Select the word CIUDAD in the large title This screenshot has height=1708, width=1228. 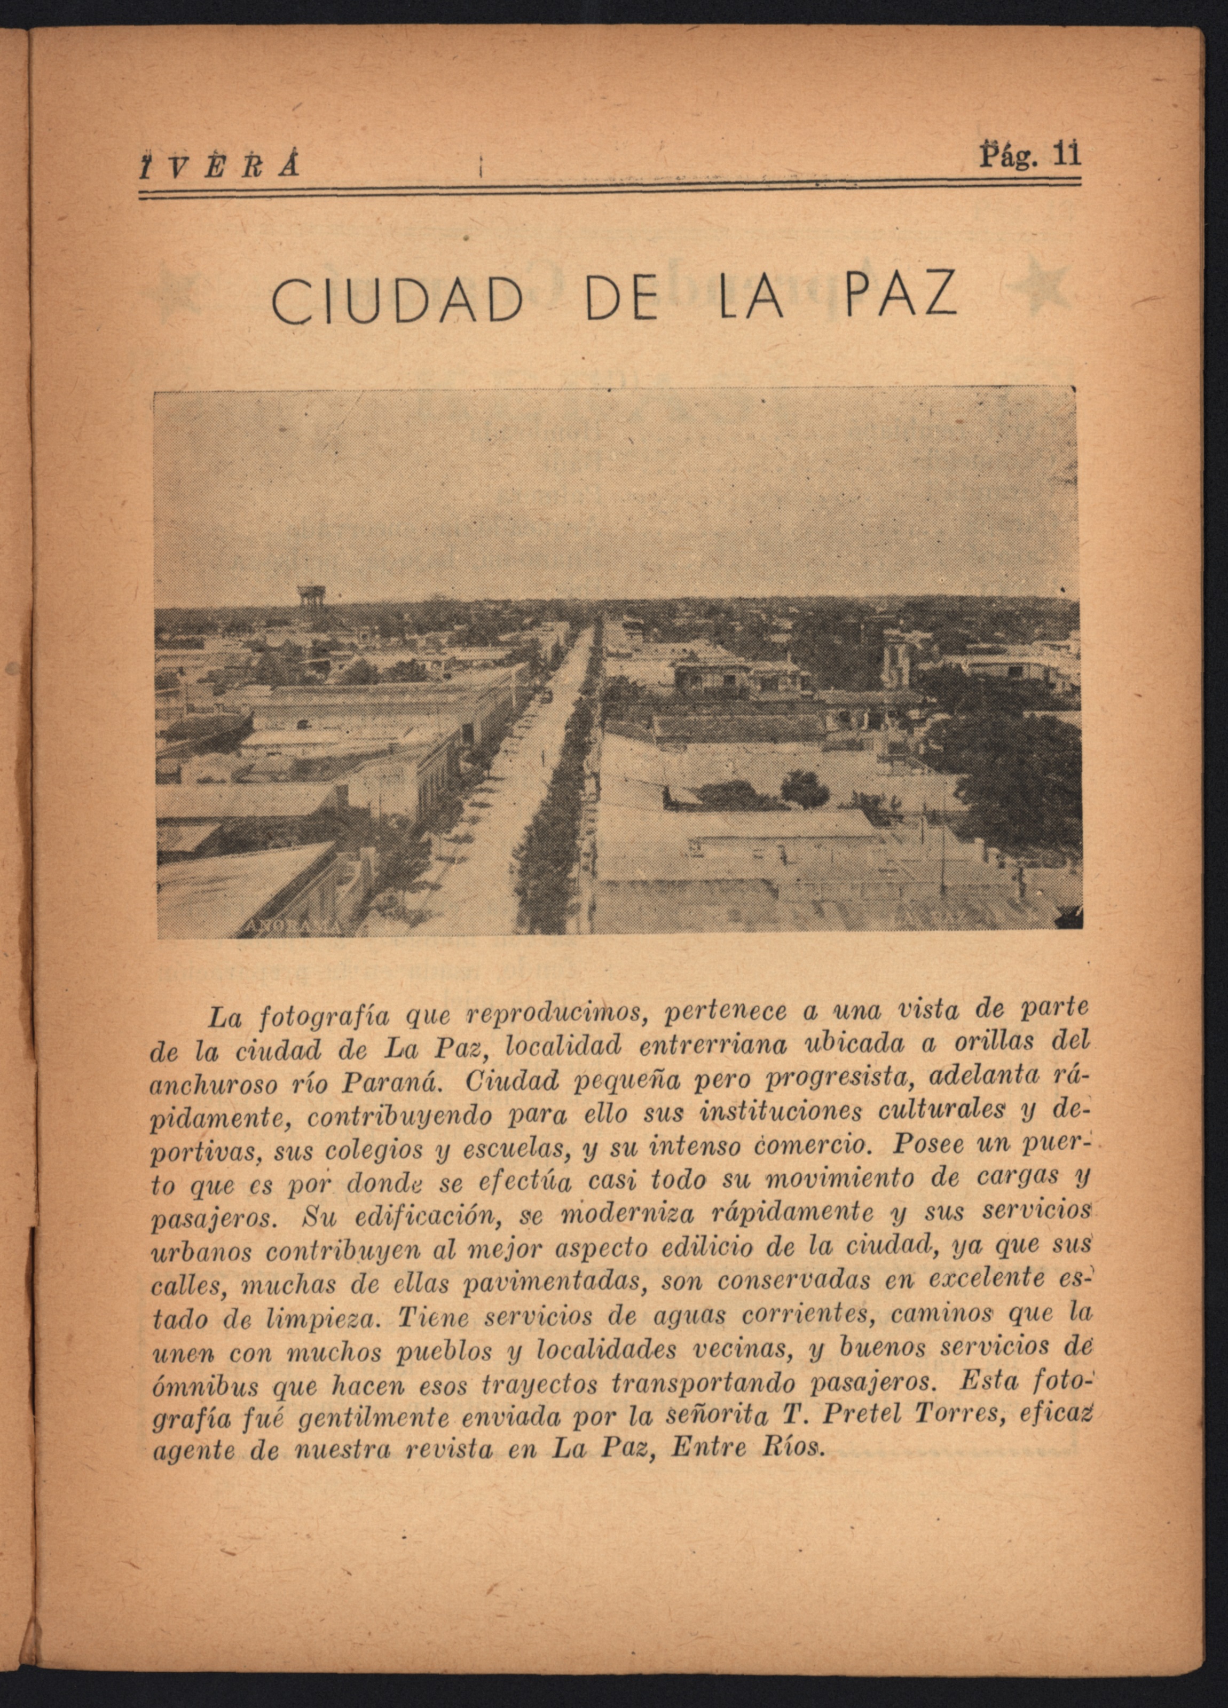[397, 301]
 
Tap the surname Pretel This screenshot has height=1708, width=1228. [854, 1417]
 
